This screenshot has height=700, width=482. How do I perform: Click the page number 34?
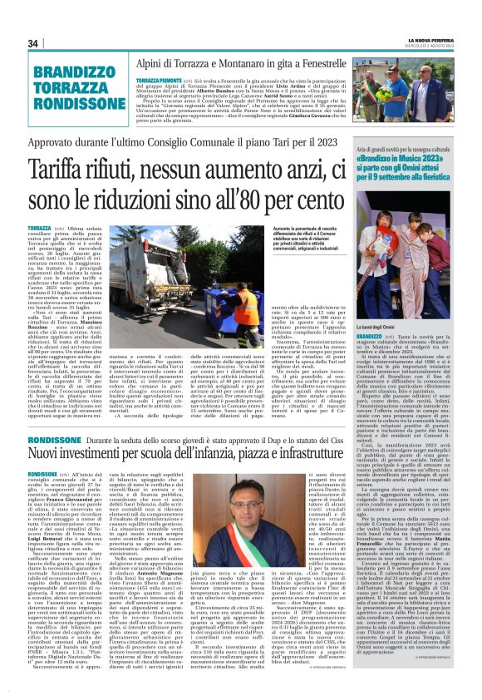click(32, 43)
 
